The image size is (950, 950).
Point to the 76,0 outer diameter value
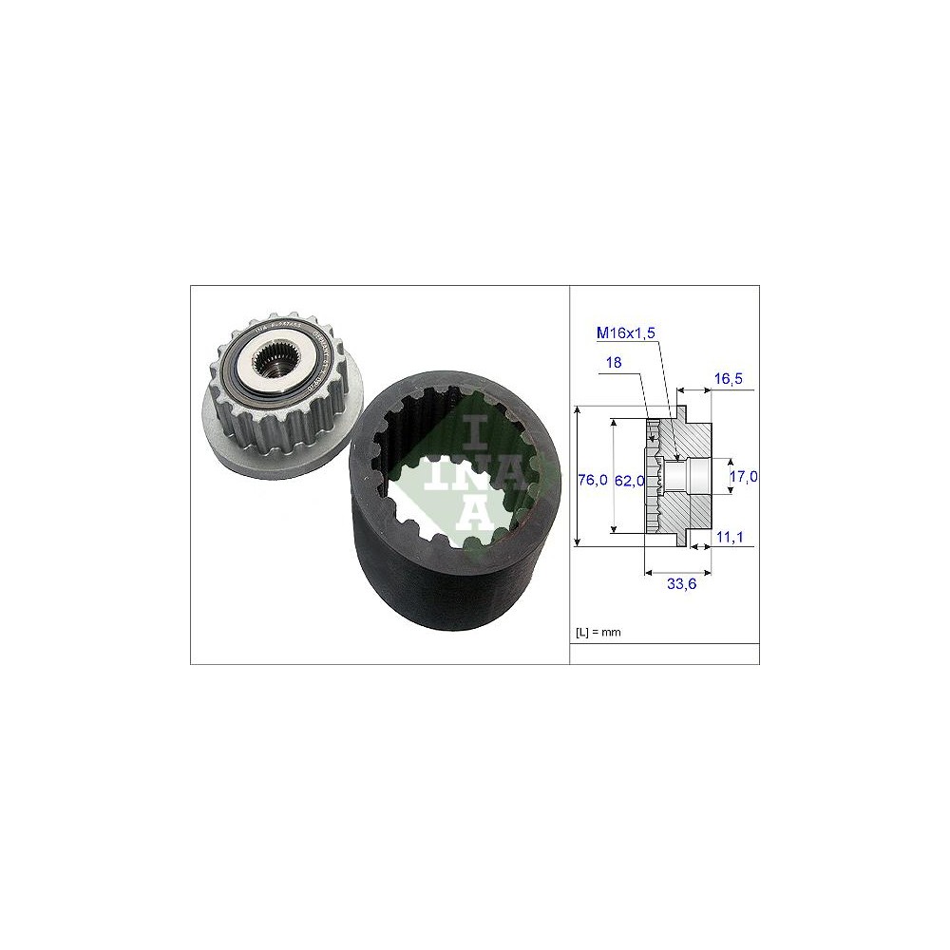592,481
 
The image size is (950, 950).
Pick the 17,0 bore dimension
743,477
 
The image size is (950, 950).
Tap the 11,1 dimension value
730,538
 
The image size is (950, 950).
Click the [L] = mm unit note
598,632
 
